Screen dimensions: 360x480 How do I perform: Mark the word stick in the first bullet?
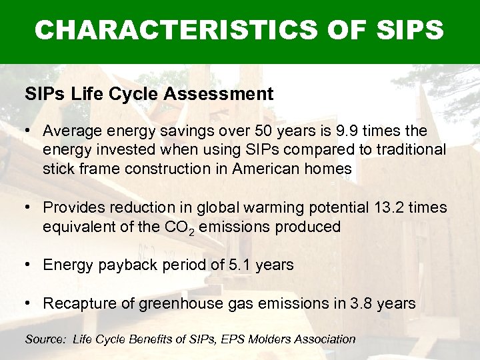[58, 169]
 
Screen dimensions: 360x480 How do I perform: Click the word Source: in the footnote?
[45, 339]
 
